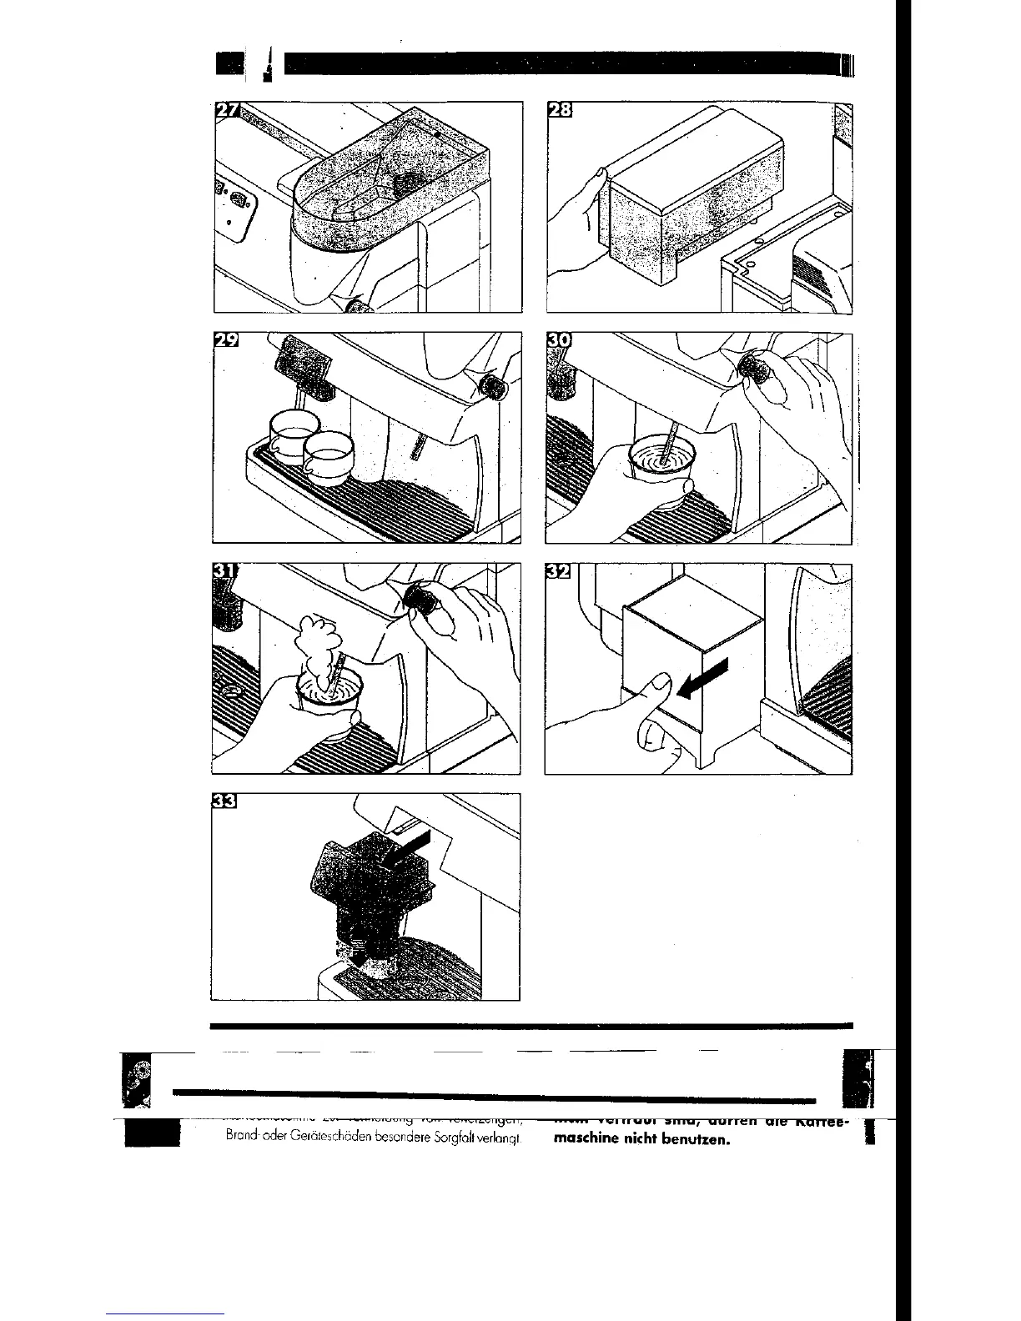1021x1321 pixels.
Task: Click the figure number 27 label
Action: coord(226,111)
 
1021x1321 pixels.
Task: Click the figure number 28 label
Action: coord(557,111)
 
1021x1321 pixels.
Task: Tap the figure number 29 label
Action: coord(226,341)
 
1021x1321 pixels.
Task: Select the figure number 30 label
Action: coord(557,341)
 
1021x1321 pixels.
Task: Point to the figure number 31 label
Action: coord(224,572)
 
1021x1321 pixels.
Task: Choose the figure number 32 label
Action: coord(557,572)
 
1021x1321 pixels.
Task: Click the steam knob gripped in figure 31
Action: coord(422,599)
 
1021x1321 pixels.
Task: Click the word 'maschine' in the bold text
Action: coord(581,1138)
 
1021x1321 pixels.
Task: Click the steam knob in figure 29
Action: coord(495,384)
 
